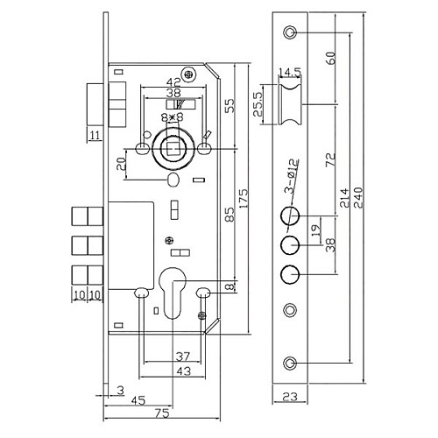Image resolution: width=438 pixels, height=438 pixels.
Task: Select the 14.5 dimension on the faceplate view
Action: (x=287, y=71)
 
